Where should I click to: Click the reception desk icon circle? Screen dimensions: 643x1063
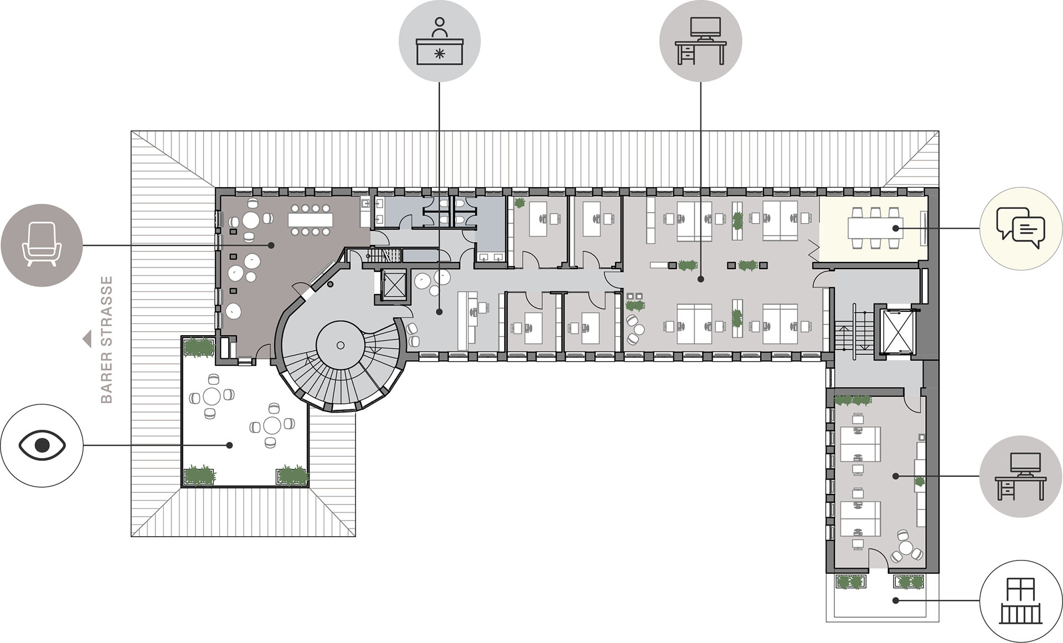[x=440, y=42]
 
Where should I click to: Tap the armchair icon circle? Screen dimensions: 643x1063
[x=42, y=245]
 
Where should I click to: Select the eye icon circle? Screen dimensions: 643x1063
[x=42, y=445]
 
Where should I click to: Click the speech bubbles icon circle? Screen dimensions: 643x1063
[x=1020, y=228]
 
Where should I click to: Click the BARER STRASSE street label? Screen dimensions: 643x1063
[x=107, y=339]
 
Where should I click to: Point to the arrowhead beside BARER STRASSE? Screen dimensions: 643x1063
[x=87, y=339]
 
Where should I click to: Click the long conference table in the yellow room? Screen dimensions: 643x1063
[x=875, y=228]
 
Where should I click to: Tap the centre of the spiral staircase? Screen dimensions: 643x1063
[x=340, y=345]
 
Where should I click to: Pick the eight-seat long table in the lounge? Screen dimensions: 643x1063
[x=310, y=220]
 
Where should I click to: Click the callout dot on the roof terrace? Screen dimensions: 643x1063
[x=230, y=445]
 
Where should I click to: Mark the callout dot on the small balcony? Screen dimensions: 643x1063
[x=895, y=600]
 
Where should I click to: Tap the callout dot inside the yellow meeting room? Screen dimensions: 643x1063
[x=895, y=228]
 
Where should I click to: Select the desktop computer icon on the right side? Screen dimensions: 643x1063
[x=1020, y=476]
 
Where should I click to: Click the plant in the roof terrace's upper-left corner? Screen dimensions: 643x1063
[x=199, y=348]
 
